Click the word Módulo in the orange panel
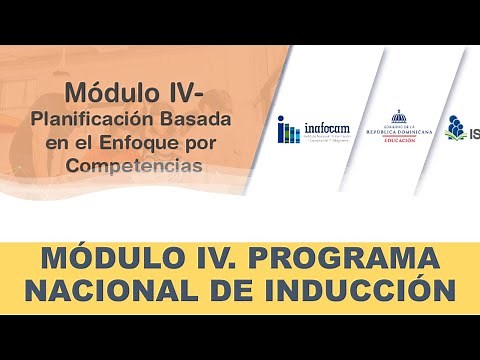109,93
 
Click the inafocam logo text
326,125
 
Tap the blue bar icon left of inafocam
288,129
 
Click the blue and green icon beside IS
455,127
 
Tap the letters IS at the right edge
473,129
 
